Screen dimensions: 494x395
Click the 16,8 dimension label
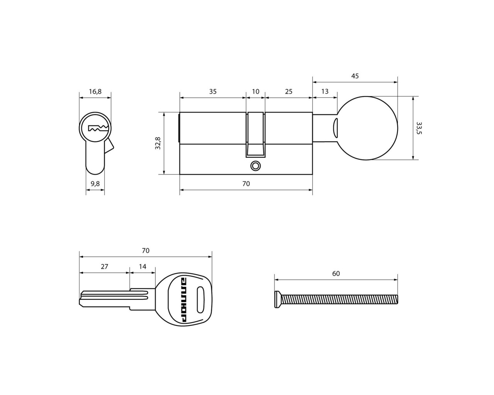coord(95,92)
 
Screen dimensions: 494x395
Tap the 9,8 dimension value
coord(95,184)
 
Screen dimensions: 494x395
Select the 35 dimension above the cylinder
coord(213,91)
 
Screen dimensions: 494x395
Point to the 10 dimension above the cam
coord(255,91)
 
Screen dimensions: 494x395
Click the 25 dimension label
coord(289,91)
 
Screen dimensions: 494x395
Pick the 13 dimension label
coord(325,91)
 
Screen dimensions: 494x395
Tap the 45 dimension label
coord(355,76)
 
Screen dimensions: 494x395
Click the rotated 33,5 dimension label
coord(419,128)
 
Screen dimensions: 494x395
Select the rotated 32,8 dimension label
coord(158,143)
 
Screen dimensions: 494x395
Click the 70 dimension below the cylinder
coord(246,184)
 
